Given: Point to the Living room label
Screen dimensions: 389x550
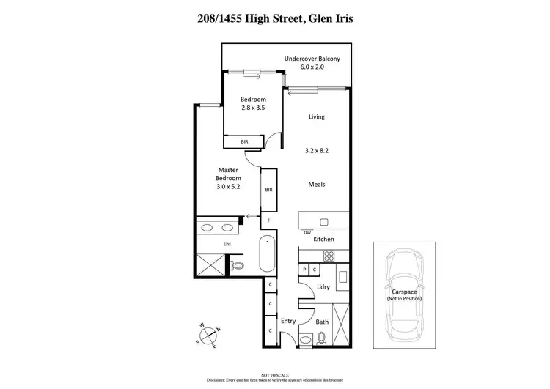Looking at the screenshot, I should [316, 116].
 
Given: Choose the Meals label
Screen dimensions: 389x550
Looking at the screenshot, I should [316, 185].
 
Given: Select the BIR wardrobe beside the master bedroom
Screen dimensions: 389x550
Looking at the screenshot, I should [269, 190].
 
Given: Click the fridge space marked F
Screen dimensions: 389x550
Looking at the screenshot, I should [269, 220].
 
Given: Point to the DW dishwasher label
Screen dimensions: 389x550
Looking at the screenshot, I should [307, 232].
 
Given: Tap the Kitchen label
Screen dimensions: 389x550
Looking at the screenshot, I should [323, 240].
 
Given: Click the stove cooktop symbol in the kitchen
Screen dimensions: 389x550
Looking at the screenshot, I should [329, 256].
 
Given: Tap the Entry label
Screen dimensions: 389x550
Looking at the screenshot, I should [288, 321].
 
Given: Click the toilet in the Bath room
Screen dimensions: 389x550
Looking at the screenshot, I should [322, 338].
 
